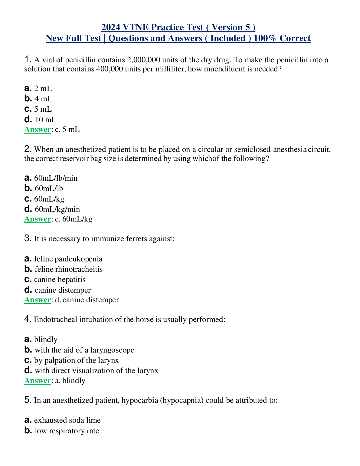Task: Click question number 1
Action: (x=27, y=59)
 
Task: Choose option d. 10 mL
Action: (x=41, y=120)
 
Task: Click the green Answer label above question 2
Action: (x=38, y=130)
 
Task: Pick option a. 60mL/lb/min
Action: (x=51, y=178)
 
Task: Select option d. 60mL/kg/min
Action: (x=52, y=209)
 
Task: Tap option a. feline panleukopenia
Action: (x=63, y=259)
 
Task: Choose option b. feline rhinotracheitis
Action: (x=64, y=269)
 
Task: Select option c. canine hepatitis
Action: (x=55, y=280)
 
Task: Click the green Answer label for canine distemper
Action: (x=38, y=300)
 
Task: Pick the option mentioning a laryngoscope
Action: (x=79, y=350)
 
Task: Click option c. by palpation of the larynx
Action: (x=71, y=360)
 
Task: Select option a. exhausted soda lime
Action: (x=62, y=420)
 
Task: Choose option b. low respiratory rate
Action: (x=62, y=431)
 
